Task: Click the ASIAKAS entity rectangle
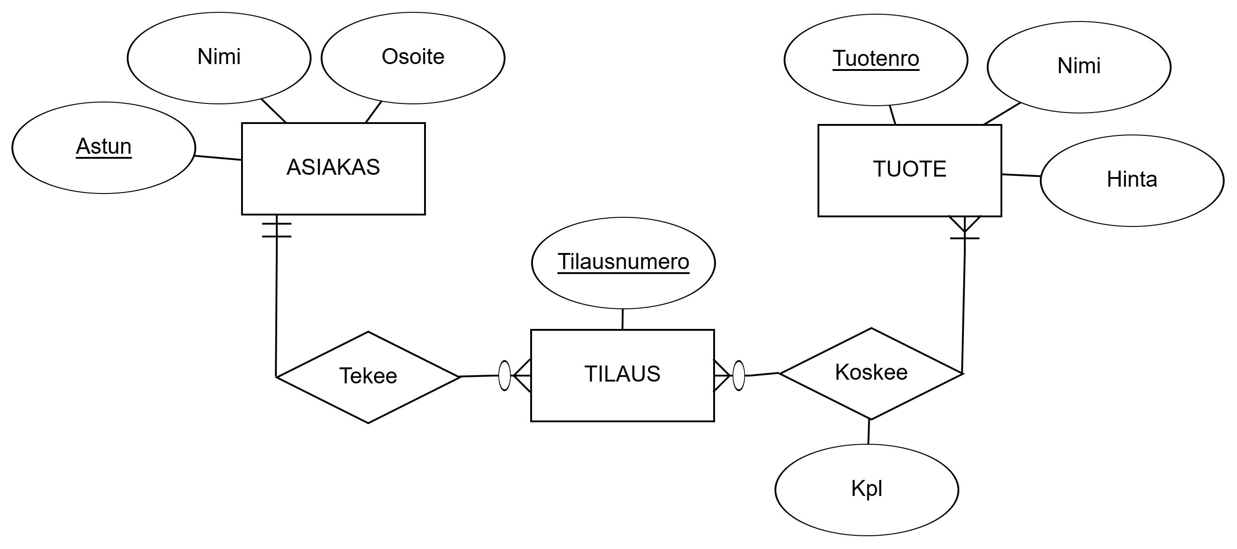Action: pos(333,169)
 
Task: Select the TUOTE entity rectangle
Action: pos(909,171)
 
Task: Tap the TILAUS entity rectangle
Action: pos(622,375)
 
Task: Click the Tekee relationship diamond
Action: pos(368,377)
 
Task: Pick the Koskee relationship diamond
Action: pos(871,373)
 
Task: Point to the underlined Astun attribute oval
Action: pos(104,147)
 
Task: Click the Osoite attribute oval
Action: pos(413,58)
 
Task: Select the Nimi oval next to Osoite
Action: pos(219,58)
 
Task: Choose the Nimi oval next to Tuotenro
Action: pos(1079,67)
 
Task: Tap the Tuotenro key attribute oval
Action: pos(876,59)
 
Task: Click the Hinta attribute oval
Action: pos(1132,181)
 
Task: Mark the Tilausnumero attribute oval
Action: pos(623,263)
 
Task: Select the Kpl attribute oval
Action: pos(866,490)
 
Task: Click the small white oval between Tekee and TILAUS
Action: pos(504,375)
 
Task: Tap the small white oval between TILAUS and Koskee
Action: pos(738,375)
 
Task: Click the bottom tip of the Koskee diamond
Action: pos(871,417)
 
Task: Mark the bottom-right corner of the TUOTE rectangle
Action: pos(999,214)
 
